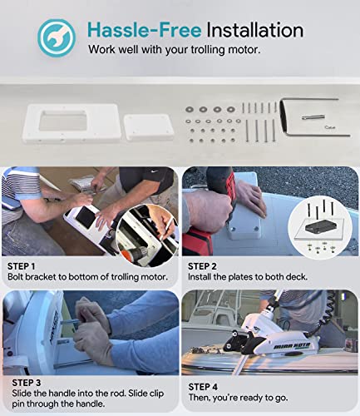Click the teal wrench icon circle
57,38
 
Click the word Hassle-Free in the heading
145,30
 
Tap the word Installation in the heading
255,30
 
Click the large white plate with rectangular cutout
72,124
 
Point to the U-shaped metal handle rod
314,116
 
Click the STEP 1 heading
22,266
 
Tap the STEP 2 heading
202,266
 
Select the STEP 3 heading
27,383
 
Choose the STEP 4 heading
203,387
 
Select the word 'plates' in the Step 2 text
241,277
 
